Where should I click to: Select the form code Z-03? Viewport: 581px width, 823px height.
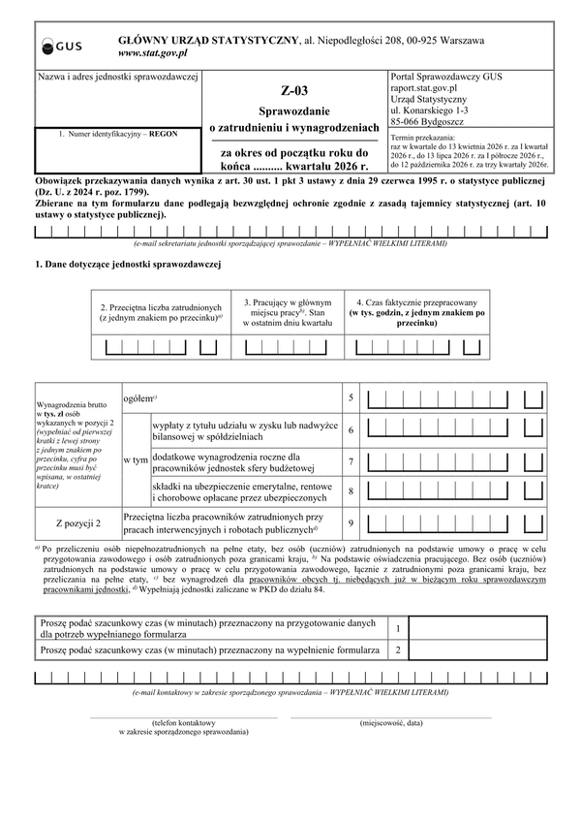coord(291,92)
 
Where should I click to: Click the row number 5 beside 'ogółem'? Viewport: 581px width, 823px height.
coord(352,398)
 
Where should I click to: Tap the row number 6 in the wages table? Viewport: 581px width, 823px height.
coord(352,429)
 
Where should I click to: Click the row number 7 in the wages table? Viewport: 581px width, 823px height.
coord(352,460)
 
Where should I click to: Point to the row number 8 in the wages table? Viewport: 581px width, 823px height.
coord(352,491)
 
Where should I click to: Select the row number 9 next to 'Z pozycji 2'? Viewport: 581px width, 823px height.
coord(352,523)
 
